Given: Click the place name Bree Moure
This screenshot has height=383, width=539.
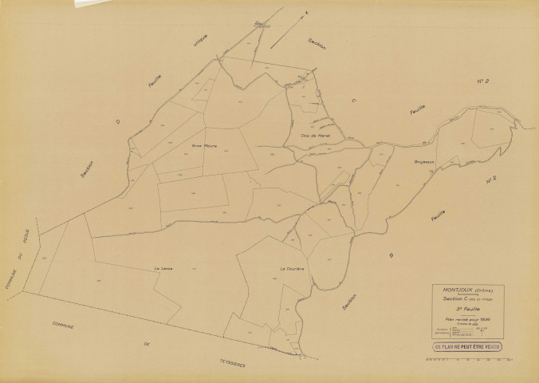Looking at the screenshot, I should click(x=205, y=145).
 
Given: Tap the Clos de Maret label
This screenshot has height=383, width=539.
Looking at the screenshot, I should click(x=316, y=136).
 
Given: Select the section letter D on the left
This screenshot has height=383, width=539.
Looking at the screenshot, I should click(x=117, y=122).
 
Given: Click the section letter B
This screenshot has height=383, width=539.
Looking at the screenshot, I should click(x=391, y=255).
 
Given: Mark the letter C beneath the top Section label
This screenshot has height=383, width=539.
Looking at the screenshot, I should click(x=352, y=101).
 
